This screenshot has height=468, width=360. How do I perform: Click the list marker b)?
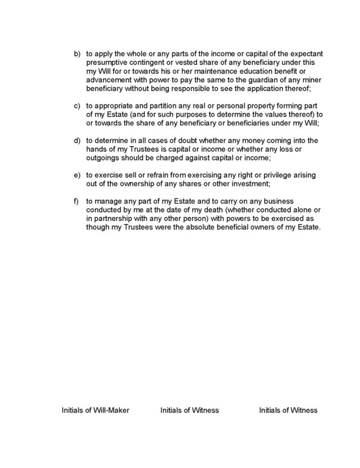[78, 53]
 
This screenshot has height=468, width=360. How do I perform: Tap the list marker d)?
[78, 141]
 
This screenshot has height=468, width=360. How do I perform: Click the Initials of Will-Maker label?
[96, 411]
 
